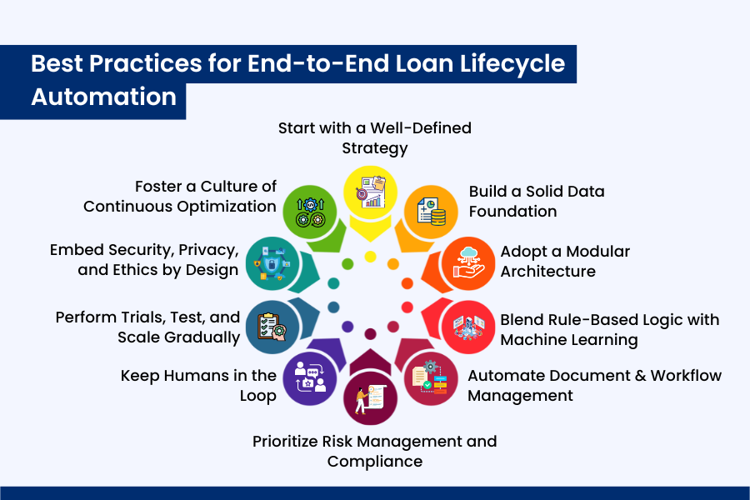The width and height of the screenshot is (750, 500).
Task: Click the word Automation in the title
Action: [103, 96]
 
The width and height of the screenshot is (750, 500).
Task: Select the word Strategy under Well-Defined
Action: [374, 148]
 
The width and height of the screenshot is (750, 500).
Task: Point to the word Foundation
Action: [512, 212]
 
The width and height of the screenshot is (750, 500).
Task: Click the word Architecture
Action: [547, 271]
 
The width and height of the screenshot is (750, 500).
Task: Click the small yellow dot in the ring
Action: [371, 256]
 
